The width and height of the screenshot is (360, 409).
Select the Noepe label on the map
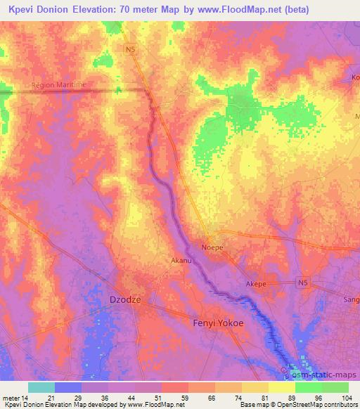point(212,247)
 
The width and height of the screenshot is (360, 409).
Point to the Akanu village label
point(181,260)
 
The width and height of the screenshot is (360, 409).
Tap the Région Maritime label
point(58,85)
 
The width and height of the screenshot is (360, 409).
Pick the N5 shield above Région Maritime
point(131,48)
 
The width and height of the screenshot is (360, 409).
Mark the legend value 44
point(131,398)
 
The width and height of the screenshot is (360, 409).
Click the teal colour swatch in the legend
point(41,387)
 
